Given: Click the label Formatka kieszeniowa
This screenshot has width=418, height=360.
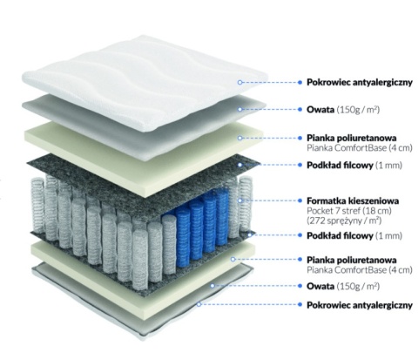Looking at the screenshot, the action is (353, 200).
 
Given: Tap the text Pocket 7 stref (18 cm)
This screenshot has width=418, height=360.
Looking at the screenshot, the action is (349, 211).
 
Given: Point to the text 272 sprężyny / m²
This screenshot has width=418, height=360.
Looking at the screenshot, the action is (344, 221).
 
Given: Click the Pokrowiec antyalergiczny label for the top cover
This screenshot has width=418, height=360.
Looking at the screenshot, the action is (360, 82).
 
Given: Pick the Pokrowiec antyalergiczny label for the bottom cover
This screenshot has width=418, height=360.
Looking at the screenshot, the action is (360, 305).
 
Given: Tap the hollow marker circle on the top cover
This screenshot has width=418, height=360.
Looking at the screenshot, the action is (239, 82).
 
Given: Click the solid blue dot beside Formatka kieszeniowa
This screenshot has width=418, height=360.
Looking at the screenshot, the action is (300, 200).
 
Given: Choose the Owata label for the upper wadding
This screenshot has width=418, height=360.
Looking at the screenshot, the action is (320, 110).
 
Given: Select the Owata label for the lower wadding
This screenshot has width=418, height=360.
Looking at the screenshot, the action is (320, 286).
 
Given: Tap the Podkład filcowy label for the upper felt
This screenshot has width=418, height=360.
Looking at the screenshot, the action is (340, 166).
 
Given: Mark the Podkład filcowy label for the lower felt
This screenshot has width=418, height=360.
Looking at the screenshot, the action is (340, 235).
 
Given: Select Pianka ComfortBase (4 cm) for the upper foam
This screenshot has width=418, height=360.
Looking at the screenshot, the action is (360, 148).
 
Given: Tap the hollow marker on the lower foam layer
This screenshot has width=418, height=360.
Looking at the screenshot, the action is (233, 259).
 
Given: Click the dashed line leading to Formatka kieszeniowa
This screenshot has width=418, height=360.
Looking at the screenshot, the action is (270, 200).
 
